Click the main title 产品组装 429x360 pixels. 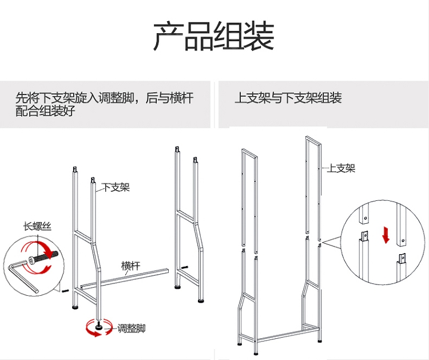[213, 37]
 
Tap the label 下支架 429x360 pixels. [116, 187]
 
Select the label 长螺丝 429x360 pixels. [37, 226]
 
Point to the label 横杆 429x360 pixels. [130, 266]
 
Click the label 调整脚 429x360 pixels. [131, 329]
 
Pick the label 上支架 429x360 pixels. [341, 168]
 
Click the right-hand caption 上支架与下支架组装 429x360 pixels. [288, 98]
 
